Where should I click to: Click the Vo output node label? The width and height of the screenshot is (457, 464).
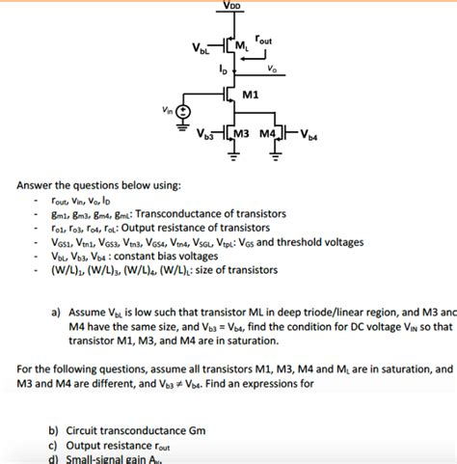click(273, 68)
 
